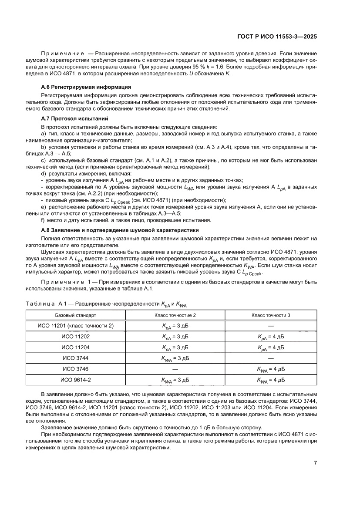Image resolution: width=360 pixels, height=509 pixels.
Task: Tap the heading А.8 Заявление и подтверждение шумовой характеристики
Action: pyautogui.click(x=119, y=230)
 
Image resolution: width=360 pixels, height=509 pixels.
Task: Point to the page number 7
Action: pyautogui.click(x=315, y=462)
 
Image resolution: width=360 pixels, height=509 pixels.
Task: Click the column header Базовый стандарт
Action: pyautogui.click(x=76, y=314)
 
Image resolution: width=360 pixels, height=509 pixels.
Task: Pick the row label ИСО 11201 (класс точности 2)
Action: pyautogui.click(x=76, y=326)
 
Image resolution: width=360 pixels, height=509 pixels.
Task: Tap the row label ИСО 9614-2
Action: pyautogui.click(x=76, y=380)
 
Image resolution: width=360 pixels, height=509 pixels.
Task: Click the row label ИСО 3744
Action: pyautogui.click(x=76, y=358)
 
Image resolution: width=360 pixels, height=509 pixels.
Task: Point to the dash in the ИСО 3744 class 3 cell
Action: pyautogui.click(x=270, y=358)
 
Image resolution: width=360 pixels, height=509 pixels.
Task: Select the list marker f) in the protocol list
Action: pyautogui.click(x=43, y=220)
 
